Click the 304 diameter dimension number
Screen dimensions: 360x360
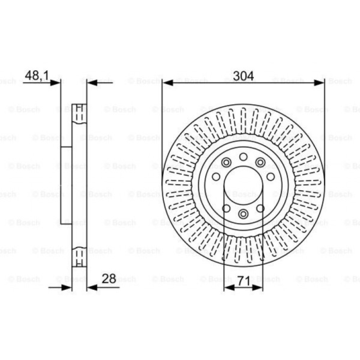coord(243,76)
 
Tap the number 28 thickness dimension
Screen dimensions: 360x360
coord(109,279)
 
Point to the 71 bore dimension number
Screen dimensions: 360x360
coord(243,279)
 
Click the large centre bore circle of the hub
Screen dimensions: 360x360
coord(243,186)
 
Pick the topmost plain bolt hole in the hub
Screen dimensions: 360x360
coord(243,157)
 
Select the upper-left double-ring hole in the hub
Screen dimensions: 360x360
coord(226,163)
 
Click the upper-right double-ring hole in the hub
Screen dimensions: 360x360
coord(260,162)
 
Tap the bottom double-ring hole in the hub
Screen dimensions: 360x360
coord(243,214)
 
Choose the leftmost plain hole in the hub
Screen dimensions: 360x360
coord(216,176)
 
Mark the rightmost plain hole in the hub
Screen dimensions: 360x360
coord(271,176)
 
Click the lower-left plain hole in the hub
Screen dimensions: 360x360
coord(226,208)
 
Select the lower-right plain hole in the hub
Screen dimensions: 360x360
coord(260,208)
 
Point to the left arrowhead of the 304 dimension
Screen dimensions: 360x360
coord(168,83)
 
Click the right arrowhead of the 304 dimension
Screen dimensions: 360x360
coord(319,83)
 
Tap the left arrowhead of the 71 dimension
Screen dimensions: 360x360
coord(229,287)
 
